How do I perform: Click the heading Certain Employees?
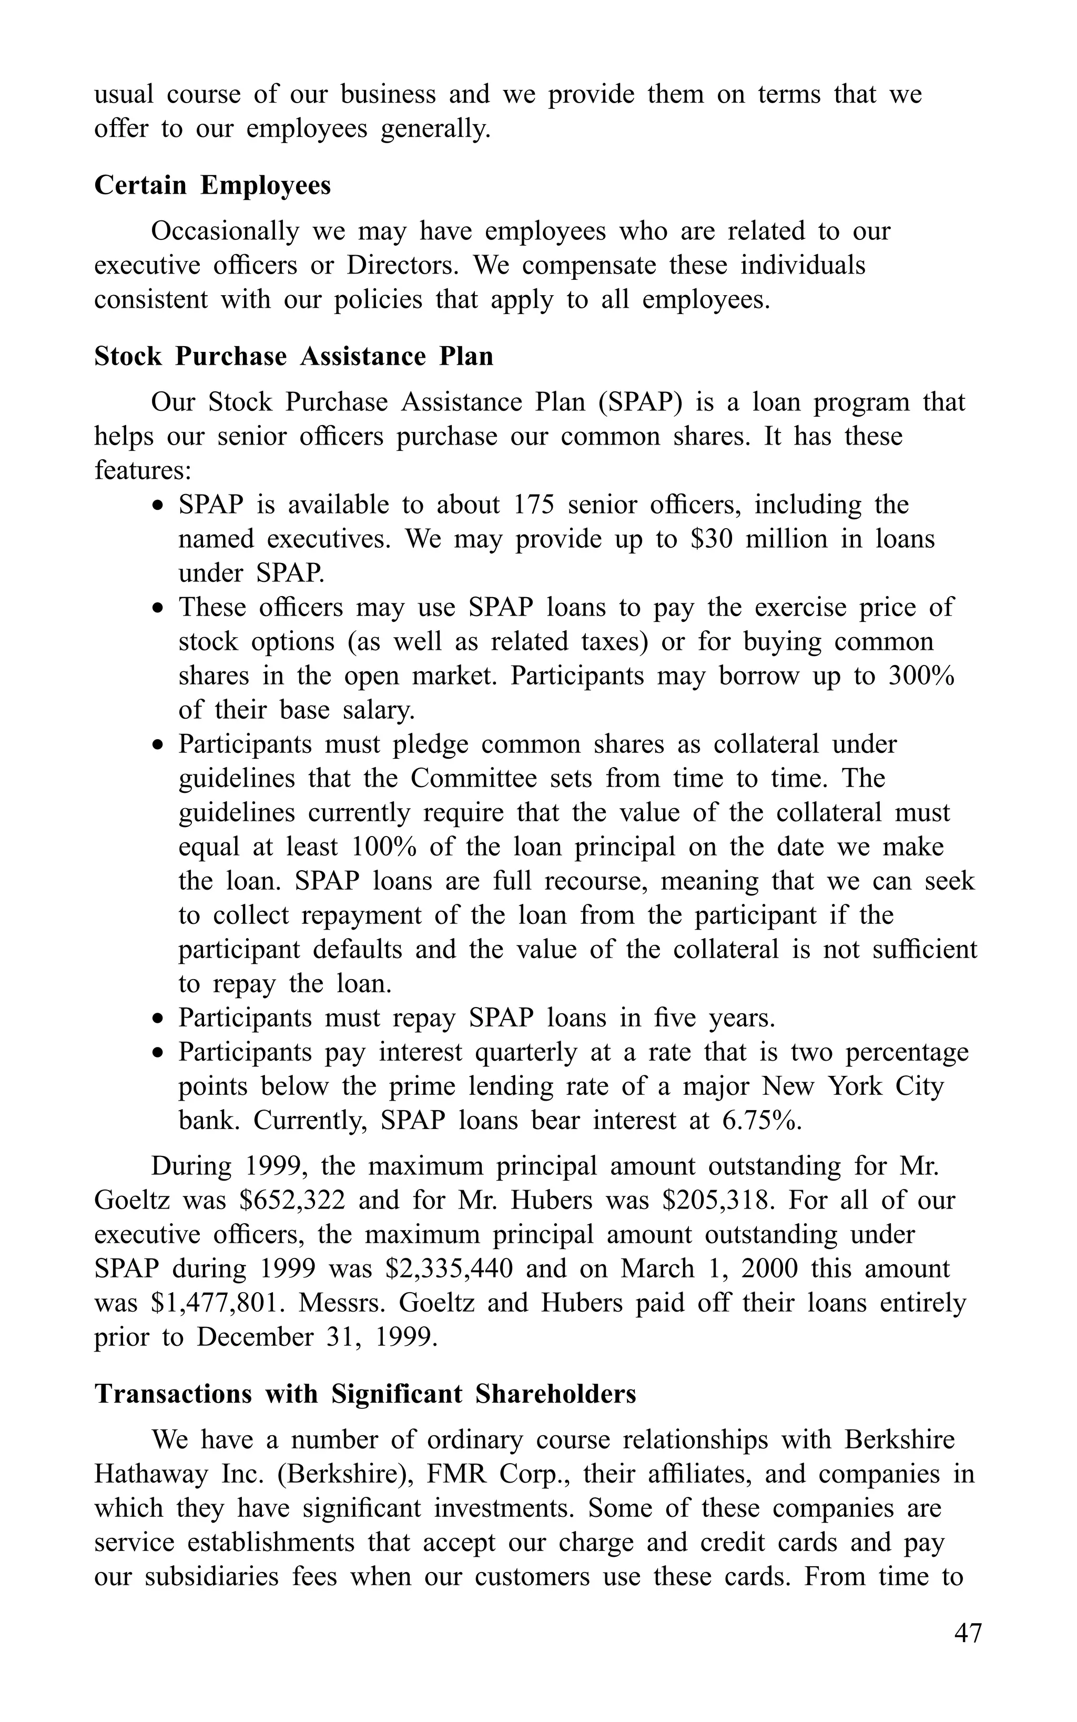click(x=212, y=186)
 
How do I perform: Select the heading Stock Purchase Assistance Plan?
click(x=293, y=356)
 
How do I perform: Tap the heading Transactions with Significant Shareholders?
click(x=365, y=1394)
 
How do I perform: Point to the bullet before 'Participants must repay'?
click(x=159, y=1019)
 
